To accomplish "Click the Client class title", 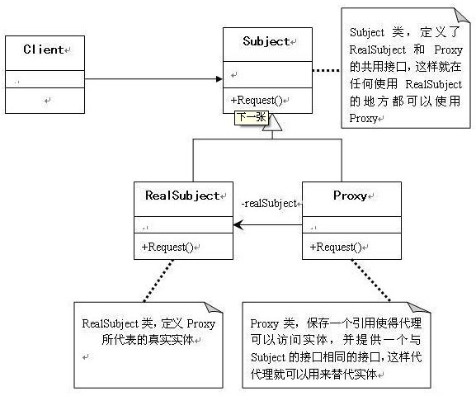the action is pyautogui.click(x=44, y=49).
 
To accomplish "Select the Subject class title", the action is pyautogui.click(x=266, y=41).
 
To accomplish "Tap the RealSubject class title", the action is pyautogui.click(x=182, y=196).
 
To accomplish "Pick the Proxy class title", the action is pyautogui.click(x=350, y=196).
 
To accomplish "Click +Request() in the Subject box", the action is pyautogui.click(x=257, y=100).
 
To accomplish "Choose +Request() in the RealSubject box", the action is pyautogui.click(x=167, y=247).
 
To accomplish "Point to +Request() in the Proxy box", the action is pyautogui.click(x=336, y=247).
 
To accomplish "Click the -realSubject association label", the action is pyautogui.click(x=269, y=203).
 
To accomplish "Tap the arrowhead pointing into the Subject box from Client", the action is pyautogui.click(x=219, y=79).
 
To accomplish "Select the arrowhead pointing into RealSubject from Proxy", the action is pyautogui.click(x=238, y=225).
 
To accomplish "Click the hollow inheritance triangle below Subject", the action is pyautogui.click(x=272, y=122).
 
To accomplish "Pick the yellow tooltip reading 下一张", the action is pyautogui.click(x=252, y=117).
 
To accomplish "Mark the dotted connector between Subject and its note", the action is pyautogui.click(x=327, y=70).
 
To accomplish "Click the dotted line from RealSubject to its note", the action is pyautogui.click(x=158, y=280).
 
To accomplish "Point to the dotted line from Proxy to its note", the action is pyautogui.click(x=371, y=280).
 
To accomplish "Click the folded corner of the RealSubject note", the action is pyautogui.click(x=215, y=308).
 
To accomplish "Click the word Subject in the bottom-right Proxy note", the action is pyautogui.click(x=268, y=358).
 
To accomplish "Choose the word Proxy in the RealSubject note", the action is pyautogui.click(x=201, y=324).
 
